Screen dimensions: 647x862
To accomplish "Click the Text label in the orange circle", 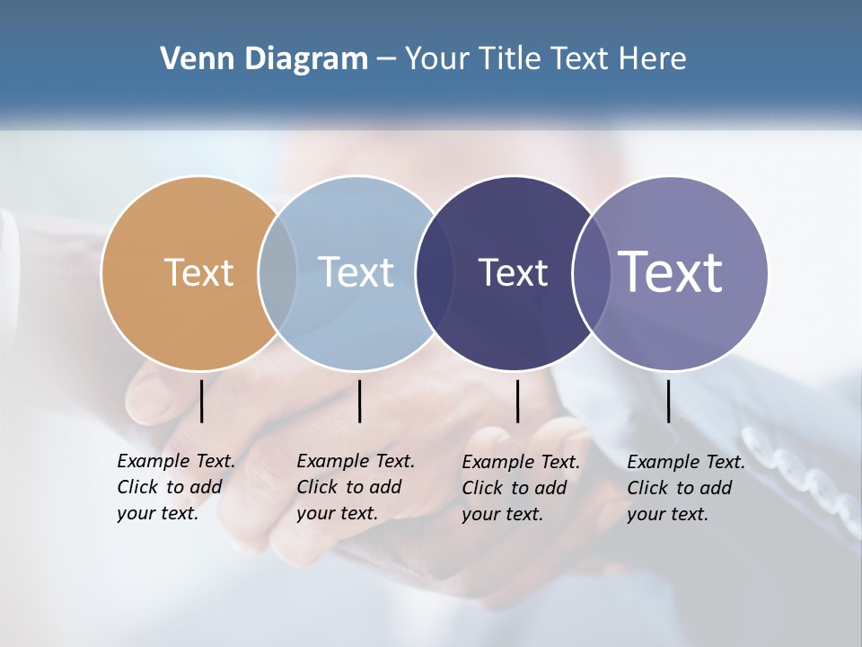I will coord(198,272).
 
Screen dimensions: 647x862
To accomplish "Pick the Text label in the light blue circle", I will coord(356,272).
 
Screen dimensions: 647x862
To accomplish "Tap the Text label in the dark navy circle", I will coord(513,272).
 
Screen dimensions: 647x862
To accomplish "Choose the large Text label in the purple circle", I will coord(671,272).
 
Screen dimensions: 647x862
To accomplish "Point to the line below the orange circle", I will coord(202,401).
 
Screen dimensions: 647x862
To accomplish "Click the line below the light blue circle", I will coord(359,401).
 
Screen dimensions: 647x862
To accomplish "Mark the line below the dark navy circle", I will coord(518,401).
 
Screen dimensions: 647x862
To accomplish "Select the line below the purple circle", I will coord(669,401).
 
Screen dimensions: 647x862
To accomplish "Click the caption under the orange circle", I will coord(176,487).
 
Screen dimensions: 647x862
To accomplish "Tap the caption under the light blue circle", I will coord(356,487).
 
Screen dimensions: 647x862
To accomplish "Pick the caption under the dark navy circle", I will coord(521,488).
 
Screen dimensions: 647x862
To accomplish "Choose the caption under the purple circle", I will coord(686,488).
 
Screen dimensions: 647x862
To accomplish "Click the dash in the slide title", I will coord(386,59).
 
